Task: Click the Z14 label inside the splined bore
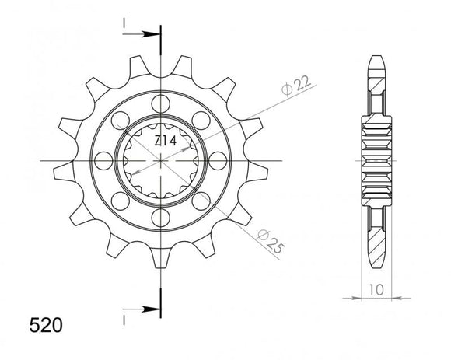(x=162, y=140)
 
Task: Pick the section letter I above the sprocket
(x=124, y=26)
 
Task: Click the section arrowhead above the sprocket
(x=152, y=35)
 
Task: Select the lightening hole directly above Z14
(x=160, y=103)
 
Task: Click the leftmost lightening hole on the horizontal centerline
(x=103, y=160)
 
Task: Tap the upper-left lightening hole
(x=120, y=120)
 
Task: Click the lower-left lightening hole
(x=120, y=201)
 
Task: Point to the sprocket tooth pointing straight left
(x=64, y=161)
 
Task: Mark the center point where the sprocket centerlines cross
(x=160, y=160)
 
